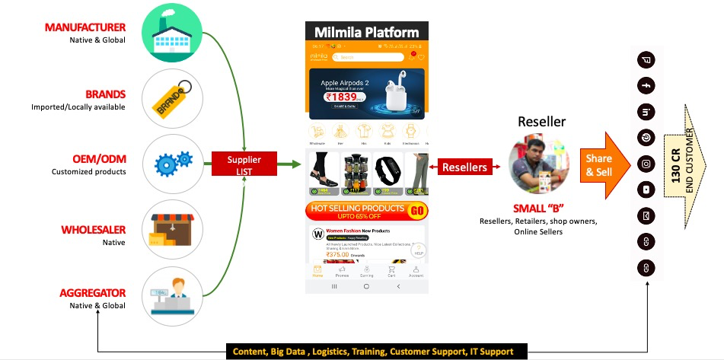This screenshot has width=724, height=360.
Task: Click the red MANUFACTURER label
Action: coord(85,27)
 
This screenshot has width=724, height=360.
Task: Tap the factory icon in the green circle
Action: coord(172,33)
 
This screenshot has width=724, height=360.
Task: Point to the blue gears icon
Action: coord(172,164)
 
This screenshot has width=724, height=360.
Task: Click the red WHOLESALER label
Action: coord(93,230)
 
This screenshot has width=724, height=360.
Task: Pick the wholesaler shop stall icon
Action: coord(172,230)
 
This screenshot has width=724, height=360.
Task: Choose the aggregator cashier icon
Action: coord(172,296)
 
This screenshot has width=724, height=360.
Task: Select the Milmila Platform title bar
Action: coord(366,32)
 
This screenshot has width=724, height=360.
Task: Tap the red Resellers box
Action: coord(464,167)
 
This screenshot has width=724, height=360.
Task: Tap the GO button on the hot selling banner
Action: coord(417,210)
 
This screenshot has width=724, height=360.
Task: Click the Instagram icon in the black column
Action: coord(646,164)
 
